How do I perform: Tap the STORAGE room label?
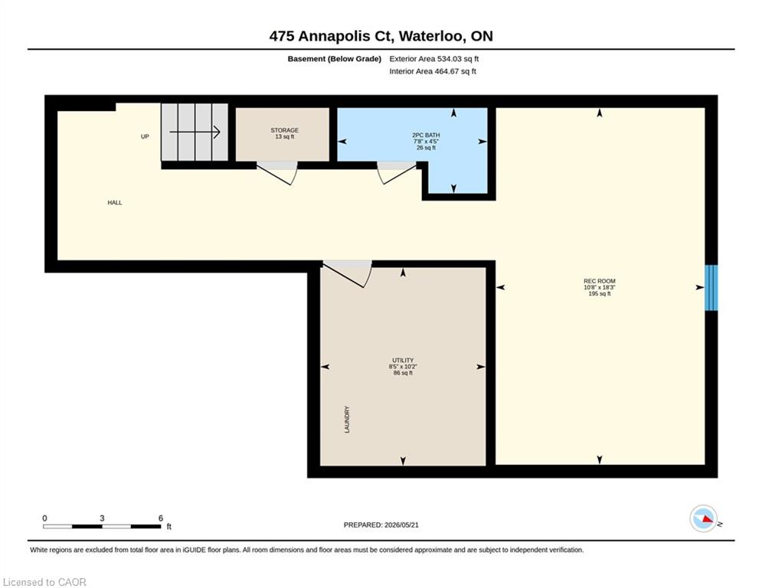[284, 130]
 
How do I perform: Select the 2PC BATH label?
[427, 135]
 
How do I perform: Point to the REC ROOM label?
[599, 281]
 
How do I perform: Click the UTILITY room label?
[403, 361]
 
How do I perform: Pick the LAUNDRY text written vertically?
[347, 420]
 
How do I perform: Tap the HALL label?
[115, 203]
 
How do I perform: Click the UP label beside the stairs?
[145, 136]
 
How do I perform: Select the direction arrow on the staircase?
[195, 132]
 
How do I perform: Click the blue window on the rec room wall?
[711, 288]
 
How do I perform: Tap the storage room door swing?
[277, 173]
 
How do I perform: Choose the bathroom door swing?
[397, 173]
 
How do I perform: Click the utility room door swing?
[348, 274]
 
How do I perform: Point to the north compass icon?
[703, 518]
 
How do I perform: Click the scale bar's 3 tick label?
[102, 518]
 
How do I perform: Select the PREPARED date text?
[381, 524]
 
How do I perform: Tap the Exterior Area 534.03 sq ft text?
[434, 59]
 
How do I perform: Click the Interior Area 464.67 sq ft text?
[433, 71]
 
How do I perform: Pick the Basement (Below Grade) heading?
[335, 59]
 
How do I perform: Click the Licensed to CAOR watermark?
[44, 582]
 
